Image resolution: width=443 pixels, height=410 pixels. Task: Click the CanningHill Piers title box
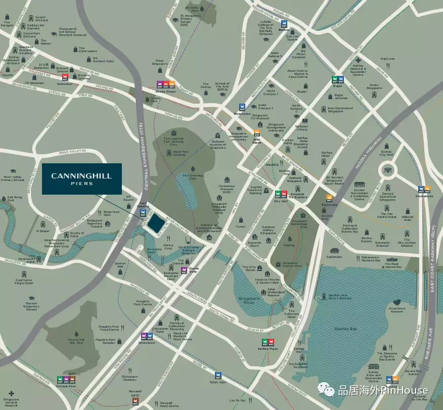(81, 179)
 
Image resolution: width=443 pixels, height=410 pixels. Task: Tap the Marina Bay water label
(346, 329)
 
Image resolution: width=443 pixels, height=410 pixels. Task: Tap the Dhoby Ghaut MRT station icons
(165, 84)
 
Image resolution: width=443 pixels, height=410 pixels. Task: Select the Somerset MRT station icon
(65, 77)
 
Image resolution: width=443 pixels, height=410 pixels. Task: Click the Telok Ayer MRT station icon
(218, 376)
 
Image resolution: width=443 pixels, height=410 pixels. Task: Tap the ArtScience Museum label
(396, 309)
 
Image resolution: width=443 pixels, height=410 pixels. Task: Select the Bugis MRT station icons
(337, 79)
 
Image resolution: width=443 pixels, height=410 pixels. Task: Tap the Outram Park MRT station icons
(66, 379)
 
